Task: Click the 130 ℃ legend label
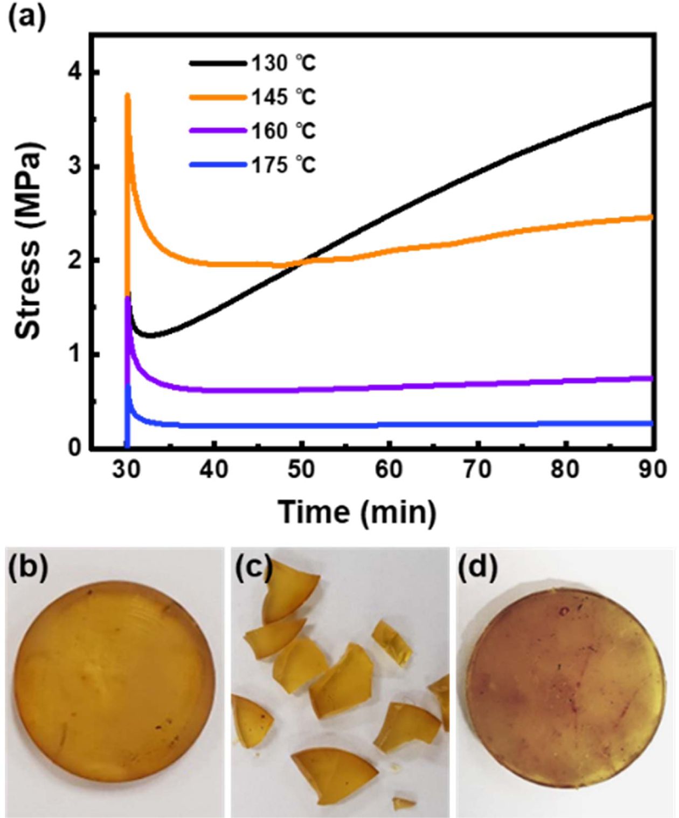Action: pyautogui.click(x=283, y=64)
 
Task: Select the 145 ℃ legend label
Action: pyautogui.click(x=283, y=98)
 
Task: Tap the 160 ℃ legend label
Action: pyautogui.click(x=283, y=131)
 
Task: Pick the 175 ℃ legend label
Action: pyautogui.click(x=283, y=164)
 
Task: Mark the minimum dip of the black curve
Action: pyautogui.click(x=150, y=336)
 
